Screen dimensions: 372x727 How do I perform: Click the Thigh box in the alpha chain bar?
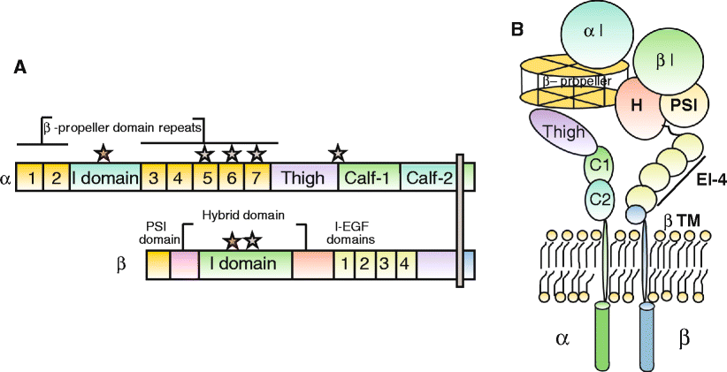pos(304,178)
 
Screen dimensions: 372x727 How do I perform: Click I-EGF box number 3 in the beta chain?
pos(382,264)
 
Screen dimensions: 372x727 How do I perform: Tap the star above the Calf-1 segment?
pos(337,153)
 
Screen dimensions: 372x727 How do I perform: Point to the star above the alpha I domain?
pos(104,153)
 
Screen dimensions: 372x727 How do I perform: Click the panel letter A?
pos(19,67)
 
